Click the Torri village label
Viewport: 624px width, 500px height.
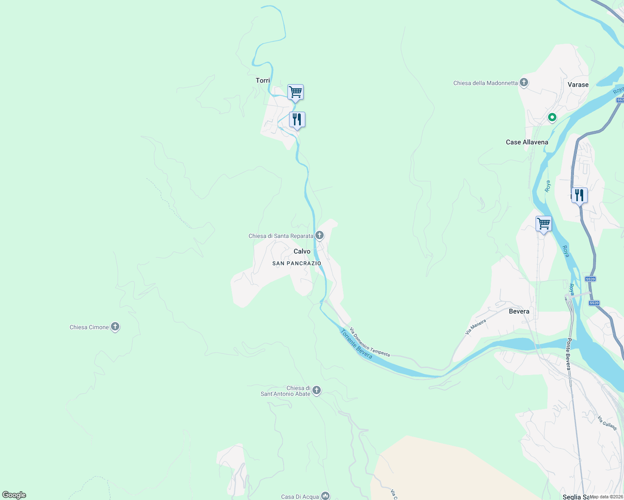(263, 80)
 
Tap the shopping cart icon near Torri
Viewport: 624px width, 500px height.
(295, 92)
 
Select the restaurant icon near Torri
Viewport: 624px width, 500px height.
(297, 120)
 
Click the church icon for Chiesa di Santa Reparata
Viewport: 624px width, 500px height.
(320, 235)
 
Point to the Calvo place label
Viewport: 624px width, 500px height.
(302, 251)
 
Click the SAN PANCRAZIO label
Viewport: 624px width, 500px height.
(297, 263)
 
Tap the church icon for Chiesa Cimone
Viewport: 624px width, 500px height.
(115, 327)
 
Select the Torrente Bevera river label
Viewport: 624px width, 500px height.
(356, 344)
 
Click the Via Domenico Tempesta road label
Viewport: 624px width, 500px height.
(370, 342)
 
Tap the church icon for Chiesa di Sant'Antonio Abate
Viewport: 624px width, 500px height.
(317, 390)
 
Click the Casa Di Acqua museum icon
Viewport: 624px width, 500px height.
(325, 496)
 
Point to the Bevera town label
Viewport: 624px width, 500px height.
(519, 311)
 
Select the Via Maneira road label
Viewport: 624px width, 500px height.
(476, 327)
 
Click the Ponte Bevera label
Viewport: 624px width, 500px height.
(568, 354)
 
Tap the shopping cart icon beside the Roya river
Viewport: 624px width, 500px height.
(543, 224)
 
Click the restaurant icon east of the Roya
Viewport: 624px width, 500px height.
(579, 195)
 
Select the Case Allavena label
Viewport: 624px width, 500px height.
(527, 142)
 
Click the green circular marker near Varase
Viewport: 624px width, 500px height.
(552, 117)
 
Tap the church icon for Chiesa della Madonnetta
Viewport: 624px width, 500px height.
(524, 82)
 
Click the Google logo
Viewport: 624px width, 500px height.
(14, 495)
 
